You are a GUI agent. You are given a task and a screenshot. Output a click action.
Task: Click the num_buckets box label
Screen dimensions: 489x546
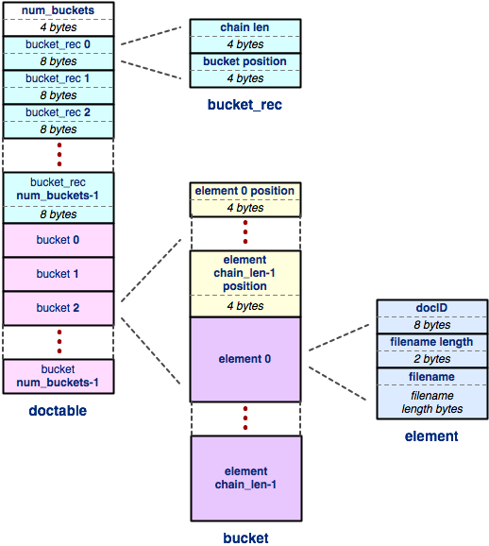click(59, 10)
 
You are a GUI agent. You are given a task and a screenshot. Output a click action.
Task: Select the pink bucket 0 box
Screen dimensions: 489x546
click(59, 240)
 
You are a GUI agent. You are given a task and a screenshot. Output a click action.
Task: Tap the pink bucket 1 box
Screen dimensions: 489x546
click(59, 274)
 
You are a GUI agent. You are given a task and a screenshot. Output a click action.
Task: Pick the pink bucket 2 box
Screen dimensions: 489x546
click(59, 308)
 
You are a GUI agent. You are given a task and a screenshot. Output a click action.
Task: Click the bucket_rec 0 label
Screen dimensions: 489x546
click(59, 44)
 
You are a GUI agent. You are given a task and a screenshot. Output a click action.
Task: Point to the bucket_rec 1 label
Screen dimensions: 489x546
click(58, 78)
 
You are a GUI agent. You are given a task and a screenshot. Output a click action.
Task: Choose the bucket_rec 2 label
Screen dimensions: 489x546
click(59, 112)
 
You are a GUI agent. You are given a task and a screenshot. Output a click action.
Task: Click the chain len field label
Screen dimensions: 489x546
click(244, 27)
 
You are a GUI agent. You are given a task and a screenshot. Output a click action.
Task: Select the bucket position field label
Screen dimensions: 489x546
click(245, 61)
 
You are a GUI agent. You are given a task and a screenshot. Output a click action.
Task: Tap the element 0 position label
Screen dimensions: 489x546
click(244, 191)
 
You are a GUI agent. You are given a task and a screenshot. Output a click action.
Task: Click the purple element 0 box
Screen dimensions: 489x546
click(245, 359)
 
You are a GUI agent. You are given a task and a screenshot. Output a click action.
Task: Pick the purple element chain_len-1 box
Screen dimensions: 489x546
click(246, 478)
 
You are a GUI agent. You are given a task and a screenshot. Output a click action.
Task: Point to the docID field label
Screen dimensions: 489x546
click(431, 308)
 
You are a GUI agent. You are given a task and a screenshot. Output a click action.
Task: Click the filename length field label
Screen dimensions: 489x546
click(431, 342)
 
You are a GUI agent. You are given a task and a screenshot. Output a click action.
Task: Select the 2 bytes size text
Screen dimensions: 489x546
click(432, 359)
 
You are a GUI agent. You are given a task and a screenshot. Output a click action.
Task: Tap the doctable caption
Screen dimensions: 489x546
click(58, 411)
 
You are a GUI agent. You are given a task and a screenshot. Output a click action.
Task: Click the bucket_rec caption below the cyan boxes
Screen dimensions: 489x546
click(244, 105)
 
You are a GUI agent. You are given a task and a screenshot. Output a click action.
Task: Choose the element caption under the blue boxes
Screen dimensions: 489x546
click(431, 436)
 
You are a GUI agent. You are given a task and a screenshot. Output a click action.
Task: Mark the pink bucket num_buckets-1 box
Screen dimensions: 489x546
click(59, 376)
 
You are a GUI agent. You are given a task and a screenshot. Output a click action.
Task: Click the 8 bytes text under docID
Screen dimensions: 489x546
click(432, 325)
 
